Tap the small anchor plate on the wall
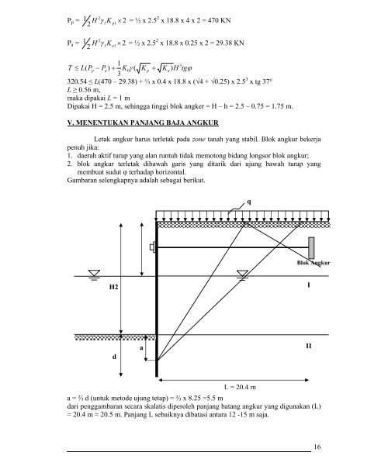pos(151,248)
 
